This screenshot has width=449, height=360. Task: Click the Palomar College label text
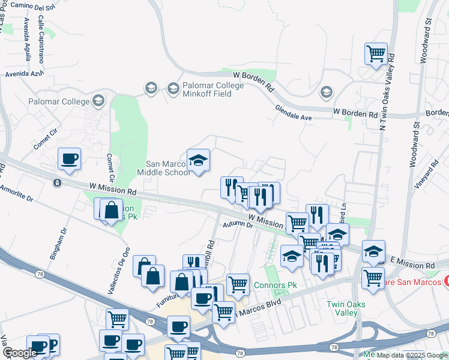pyautogui.click(x=59, y=101)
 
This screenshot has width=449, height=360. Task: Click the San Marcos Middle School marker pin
pyautogui.click(x=198, y=160)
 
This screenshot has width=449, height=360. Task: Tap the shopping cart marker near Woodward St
pyautogui.click(x=376, y=54)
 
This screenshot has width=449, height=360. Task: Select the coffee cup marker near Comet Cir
pyautogui.click(x=70, y=159)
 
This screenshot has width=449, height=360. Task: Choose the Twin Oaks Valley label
pyautogui.click(x=346, y=308)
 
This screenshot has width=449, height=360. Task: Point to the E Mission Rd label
pyautogui.click(x=412, y=265)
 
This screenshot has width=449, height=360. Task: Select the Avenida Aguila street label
pyautogui.click(x=27, y=40)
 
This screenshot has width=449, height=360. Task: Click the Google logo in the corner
pyautogui.click(x=20, y=353)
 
